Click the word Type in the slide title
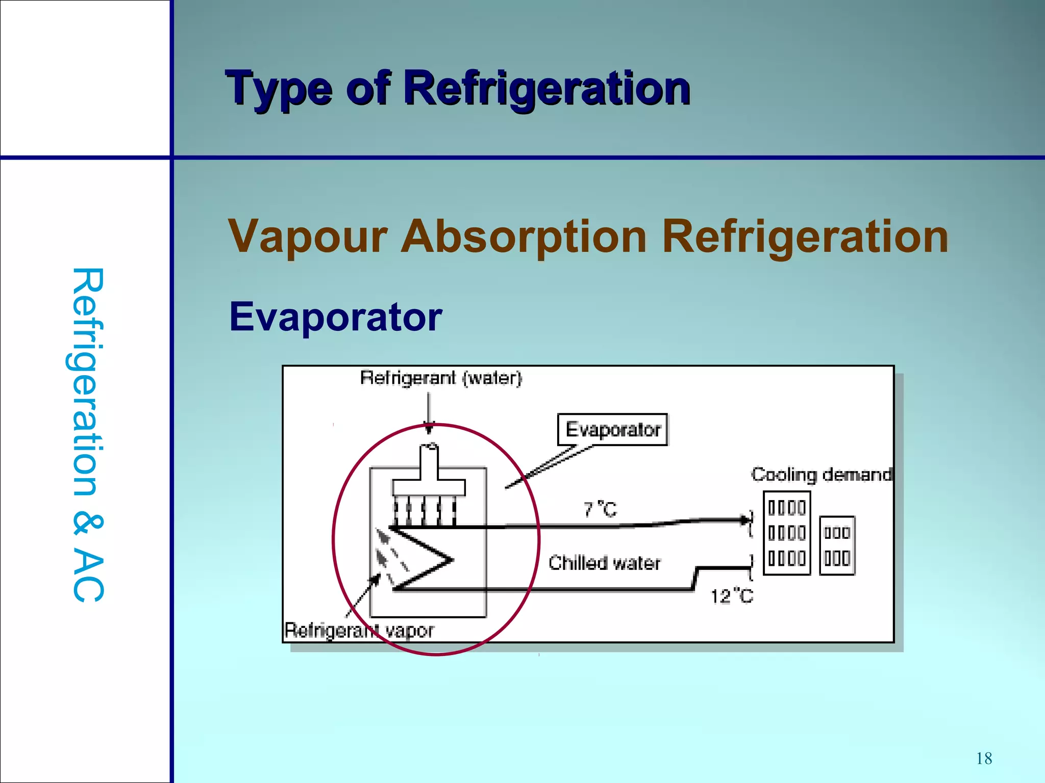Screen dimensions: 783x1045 point(278,89)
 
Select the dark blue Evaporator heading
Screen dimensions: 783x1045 point(335,317)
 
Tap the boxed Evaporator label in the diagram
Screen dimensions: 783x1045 point(612,430)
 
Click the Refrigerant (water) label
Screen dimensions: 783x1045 point(441,378)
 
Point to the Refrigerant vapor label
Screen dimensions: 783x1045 point(359,631)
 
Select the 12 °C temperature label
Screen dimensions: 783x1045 point(732,596)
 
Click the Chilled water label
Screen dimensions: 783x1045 point(604,563)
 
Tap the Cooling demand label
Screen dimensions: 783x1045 point(821,475)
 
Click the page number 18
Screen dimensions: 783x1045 point(984,759)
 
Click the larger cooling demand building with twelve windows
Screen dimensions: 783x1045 point(787,533)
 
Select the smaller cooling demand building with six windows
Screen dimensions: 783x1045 point(837,545)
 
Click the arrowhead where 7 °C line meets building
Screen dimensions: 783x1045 point(746,520)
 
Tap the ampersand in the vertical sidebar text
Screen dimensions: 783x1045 point(88,525)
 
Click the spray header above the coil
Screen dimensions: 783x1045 point(429,487)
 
